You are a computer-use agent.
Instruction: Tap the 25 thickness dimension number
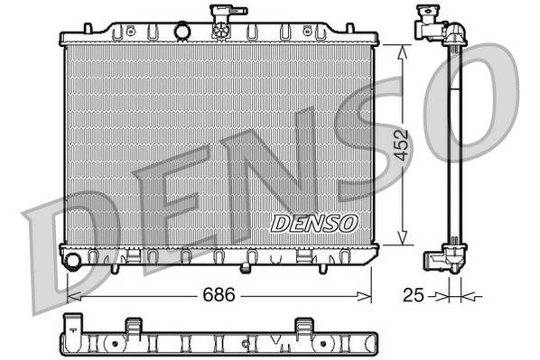pyautogui.click(x=412, y=294)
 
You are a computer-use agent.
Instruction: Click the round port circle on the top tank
pyautogui.click(x=183, y=32)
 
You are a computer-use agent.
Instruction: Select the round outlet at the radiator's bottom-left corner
pyautogui.click(x=72, y=262)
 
